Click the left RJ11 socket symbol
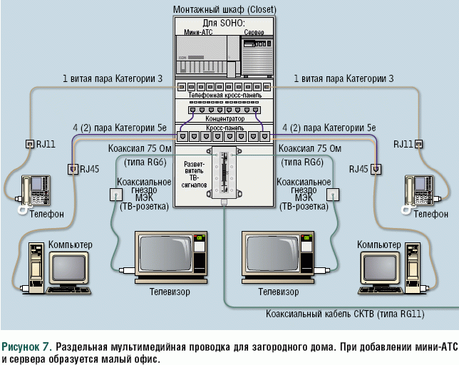(30, 143)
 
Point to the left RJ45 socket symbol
(72, 170)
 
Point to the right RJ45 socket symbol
(376, 170)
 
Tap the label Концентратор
(225, 118)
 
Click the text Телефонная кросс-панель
(225, 95)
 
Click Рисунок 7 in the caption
(26, 346)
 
